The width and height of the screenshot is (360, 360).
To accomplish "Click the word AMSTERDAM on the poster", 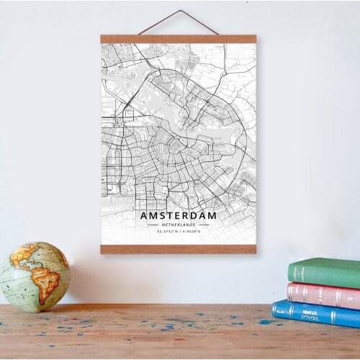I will pos(178,215).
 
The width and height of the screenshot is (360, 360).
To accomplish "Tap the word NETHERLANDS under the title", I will pos(178,225).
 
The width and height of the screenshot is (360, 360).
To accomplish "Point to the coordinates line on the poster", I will pos(178,231).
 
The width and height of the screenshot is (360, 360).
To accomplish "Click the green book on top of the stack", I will pos(325,271).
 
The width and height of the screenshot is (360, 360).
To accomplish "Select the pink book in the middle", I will pos(324,294).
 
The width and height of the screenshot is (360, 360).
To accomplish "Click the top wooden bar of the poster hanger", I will pos(178,39).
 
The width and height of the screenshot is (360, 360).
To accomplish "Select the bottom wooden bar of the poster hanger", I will pos(178,249).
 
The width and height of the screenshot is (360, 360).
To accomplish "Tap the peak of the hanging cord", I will pos(179,11).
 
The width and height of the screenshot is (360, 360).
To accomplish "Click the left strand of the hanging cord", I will pos(158,22).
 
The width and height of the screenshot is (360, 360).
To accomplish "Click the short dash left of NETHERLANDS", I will pos(153,225).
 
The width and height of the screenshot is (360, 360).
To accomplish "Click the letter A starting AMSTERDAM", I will pos(144,215).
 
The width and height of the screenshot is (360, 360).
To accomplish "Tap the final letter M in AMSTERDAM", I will pos(212,215).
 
